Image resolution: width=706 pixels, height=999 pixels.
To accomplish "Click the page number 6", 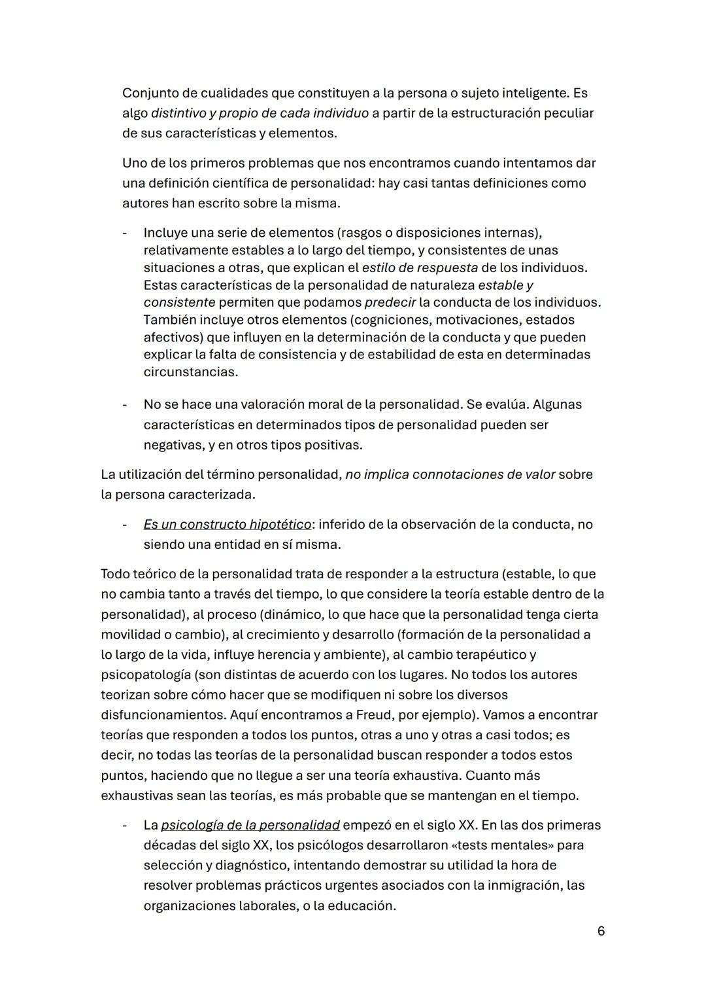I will click(x=601, y=930).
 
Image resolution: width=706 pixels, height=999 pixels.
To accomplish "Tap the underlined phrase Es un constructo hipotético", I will click(x=227, y=524).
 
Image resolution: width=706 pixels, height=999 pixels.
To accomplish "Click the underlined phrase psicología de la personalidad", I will click(x=250, y=825).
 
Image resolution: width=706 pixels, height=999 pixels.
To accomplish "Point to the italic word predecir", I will click(x=390, y=302).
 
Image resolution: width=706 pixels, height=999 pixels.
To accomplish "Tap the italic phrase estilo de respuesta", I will click(x=419, y=268).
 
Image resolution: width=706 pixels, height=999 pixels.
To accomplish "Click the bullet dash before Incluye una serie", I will click(x=124, y=233).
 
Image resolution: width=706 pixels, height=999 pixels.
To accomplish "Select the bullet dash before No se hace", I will click(x=124, y=404).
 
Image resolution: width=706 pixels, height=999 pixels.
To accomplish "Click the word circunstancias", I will click(x=190, y=372).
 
